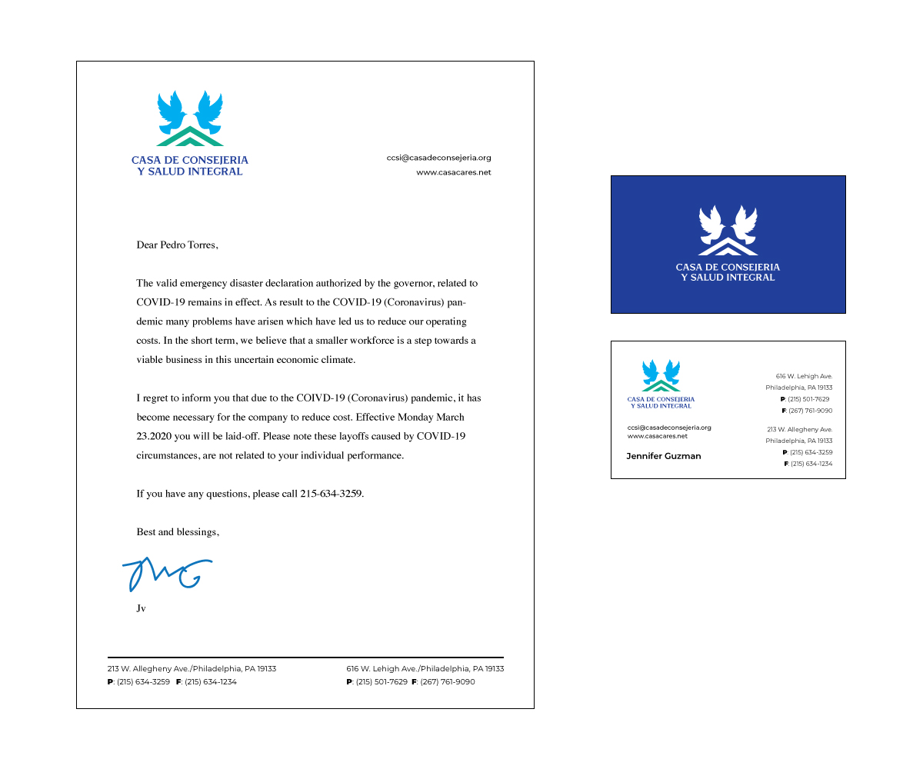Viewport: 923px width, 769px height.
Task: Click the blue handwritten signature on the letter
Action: click(x=165, y=573)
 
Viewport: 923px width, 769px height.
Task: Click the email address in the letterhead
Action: click(x=438, y=158)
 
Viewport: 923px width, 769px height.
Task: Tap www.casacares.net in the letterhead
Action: click(x=453, y=172)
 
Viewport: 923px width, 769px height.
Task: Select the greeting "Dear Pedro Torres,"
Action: click(x=177, y=245)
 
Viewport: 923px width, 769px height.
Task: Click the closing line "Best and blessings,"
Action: click(x=178, y=531)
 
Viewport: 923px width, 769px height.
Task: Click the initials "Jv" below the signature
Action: click(x=141, y=608)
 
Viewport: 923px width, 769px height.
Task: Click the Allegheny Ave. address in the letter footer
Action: click(x=192, y=669)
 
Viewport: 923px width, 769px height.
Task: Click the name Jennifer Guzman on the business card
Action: click(x=663, y=456)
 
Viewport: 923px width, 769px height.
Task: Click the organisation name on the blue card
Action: click(x=728, y=272)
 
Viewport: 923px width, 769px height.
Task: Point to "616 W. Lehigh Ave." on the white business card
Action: click(x=804, y=376)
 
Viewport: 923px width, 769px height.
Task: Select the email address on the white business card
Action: click(x=669, y=428)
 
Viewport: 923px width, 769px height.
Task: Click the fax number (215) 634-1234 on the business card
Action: click(x=811, y=464)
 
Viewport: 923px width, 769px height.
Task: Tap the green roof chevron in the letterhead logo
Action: click(x=190, y=138)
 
